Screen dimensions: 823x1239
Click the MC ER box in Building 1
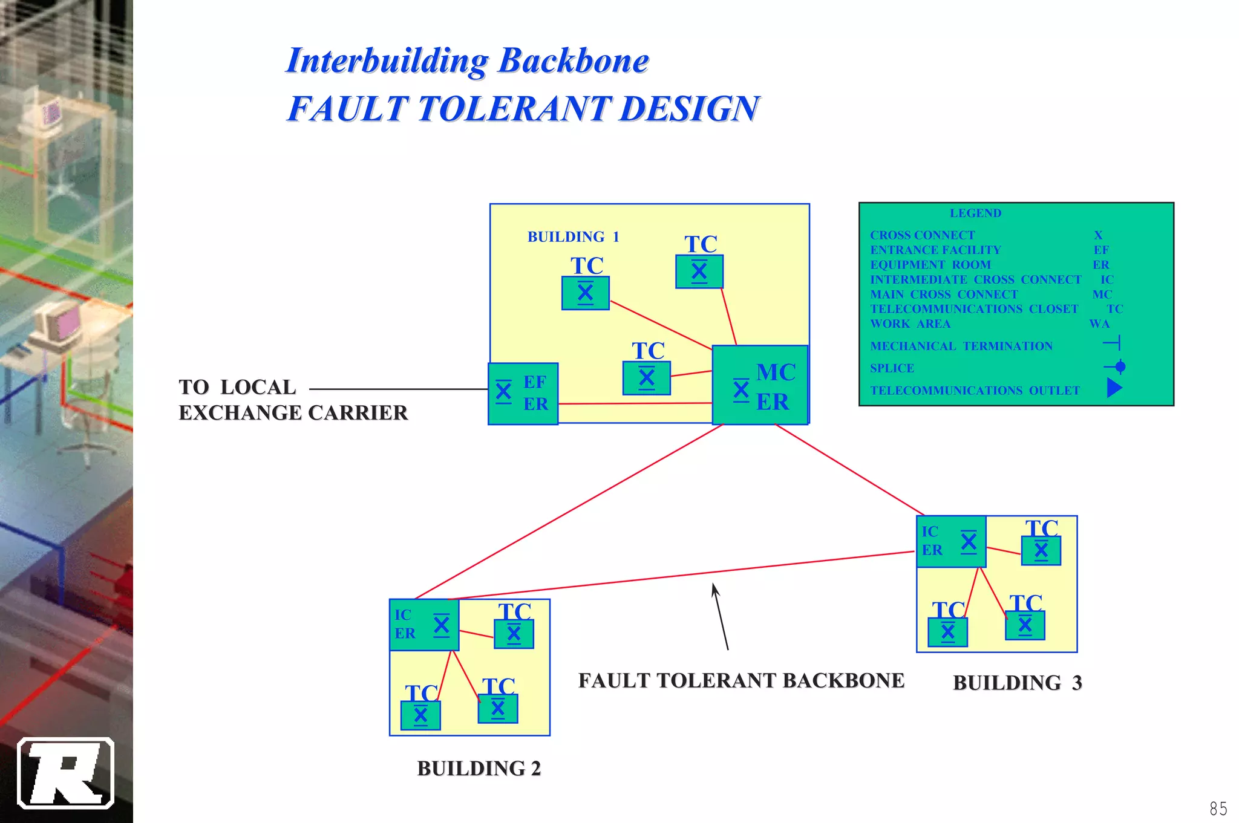click(x=760, y=385)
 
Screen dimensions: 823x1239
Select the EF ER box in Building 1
click(x=523, y=394)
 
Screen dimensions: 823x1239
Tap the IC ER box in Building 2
click(x=423, y=625)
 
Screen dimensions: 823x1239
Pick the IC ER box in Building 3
click(x=951, y=541)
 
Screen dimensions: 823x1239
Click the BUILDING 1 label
click(x=573, y=236)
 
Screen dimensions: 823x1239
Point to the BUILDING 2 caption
click(x=479, y=769)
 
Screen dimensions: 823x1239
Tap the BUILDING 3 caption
click(x=1017, y=683)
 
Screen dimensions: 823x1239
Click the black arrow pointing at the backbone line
click(x=720, y=617)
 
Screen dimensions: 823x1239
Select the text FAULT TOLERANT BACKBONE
click(x=741, y=681)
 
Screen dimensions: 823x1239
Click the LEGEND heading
click(x=975, y=213)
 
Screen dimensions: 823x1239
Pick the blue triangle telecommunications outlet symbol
click(x=1114, y=388)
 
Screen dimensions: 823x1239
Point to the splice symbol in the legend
click(x=1115, y=367)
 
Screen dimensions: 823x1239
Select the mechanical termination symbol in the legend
click(x=1113, y=343)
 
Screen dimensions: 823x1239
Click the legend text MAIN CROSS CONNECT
click(x=944, y=294)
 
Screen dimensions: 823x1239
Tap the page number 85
click(x=1218, y=808)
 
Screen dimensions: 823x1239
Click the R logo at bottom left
click(x=66, y=773)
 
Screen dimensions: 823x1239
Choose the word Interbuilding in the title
click(x=387, y=61)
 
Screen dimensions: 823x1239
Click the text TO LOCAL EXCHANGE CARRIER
click(x=293, y=400)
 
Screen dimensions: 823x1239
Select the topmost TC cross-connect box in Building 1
click(x=699, y=272)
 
